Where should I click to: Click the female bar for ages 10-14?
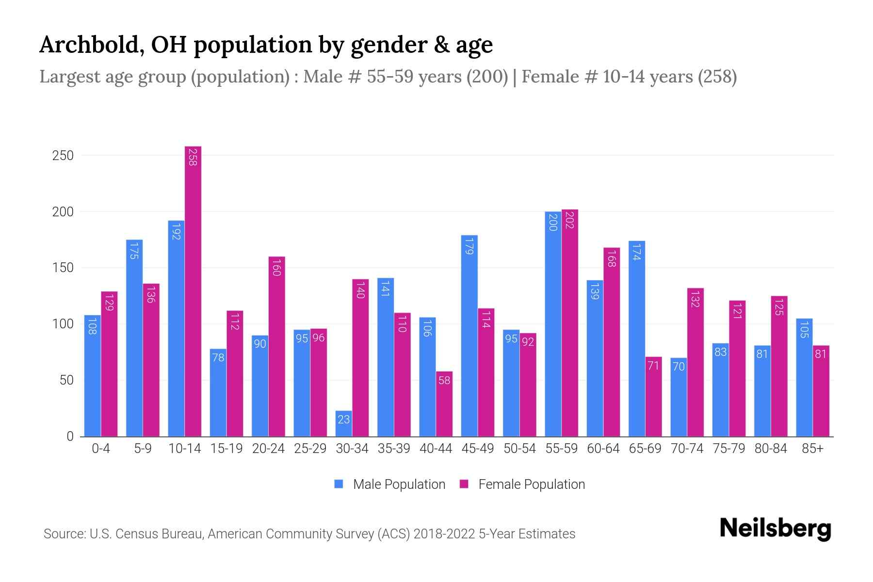click(x=193, y=291)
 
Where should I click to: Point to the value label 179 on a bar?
click(x=469, y=246)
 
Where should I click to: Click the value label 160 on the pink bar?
click(x=276, y=268)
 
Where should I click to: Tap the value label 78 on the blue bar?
click(x=218, y=357)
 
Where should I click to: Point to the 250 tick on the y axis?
click(x=63, y=156)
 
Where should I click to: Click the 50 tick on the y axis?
click(x=66, y=380)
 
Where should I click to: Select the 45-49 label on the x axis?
click(x=477, y=449)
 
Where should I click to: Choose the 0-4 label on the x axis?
click(x=101, y=449)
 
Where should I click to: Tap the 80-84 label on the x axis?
click(x=771, y=449)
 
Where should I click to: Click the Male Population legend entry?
click(x=399, y=484)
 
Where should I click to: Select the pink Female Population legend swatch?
click(x=464, y=484)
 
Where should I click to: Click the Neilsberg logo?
click(x=775, y=529)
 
